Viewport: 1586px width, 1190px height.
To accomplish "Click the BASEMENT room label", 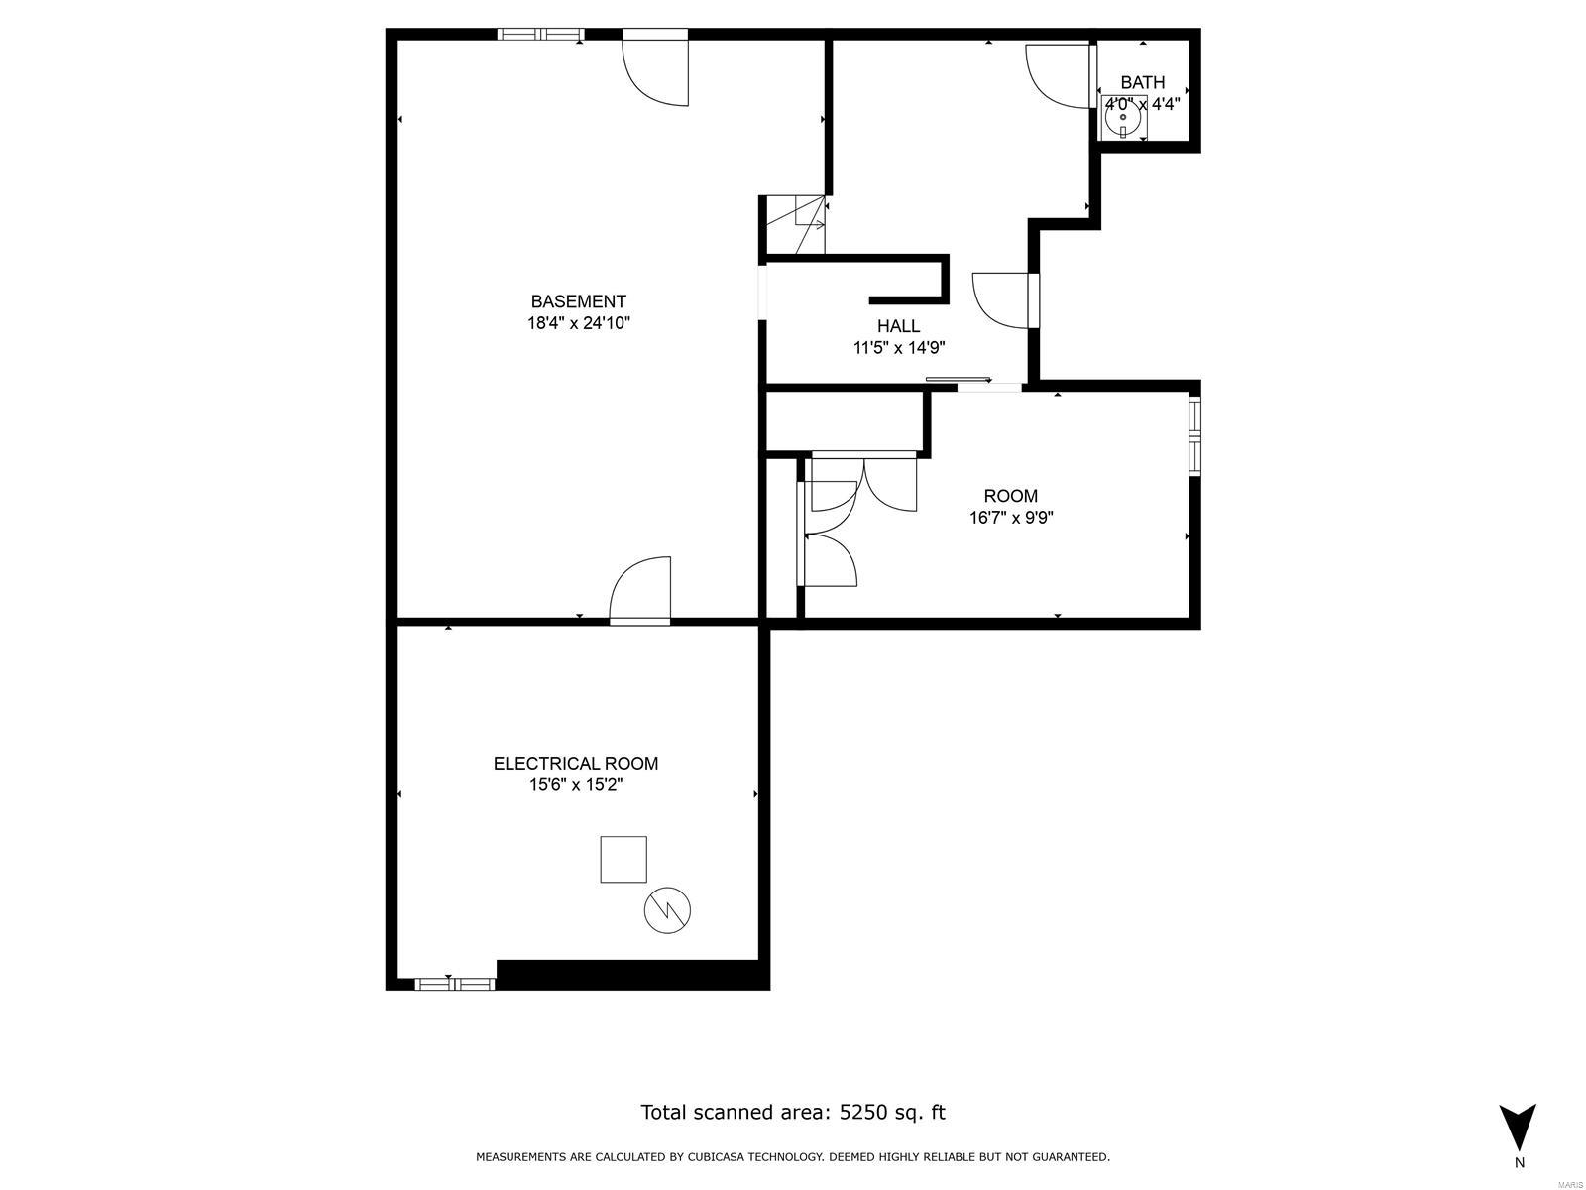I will point(578,301).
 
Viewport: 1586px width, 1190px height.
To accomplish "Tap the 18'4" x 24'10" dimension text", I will point(578,323).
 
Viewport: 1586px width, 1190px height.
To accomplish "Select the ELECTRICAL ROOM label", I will point(576,764).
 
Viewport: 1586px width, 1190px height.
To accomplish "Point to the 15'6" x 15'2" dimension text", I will point(576,785).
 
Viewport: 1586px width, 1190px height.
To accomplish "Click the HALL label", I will point(898,326).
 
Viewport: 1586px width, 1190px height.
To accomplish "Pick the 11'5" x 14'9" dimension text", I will point(898,348).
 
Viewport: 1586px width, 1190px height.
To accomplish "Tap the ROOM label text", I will point(1010,496).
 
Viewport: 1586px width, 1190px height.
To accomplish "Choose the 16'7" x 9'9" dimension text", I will point(1010,518).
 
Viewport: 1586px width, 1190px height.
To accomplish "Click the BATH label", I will point(1142,83).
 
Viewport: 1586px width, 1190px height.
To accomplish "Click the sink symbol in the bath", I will point(1123,119).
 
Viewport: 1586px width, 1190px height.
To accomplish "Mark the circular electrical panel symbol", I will point(667,910).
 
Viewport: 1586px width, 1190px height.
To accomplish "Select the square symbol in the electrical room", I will point(623,859).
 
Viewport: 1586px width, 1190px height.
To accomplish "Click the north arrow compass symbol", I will point(1518,1130).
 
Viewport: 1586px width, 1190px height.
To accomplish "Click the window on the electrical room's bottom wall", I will point(454,984).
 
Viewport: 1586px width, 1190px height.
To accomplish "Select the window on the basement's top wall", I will point(540,35).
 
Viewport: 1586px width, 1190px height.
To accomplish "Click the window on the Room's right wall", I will point(1194,436).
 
